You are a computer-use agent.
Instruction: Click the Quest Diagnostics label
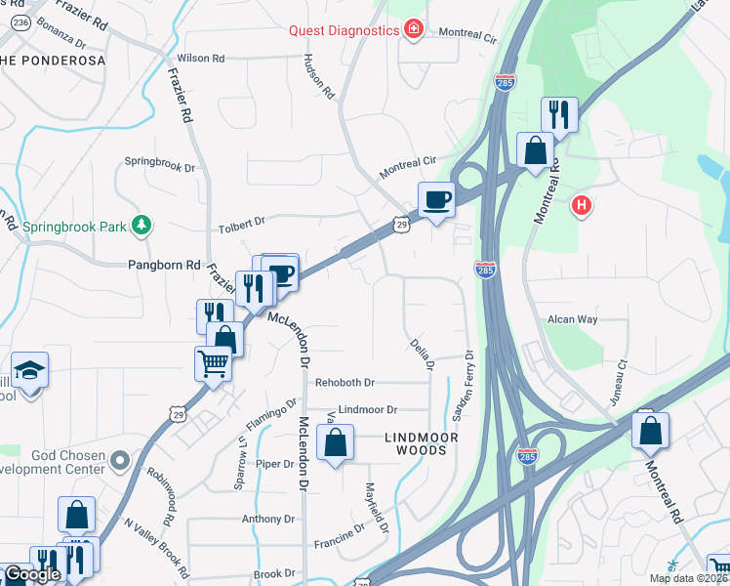pos(344,29)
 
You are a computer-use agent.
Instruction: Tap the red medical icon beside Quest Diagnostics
pos(413,29)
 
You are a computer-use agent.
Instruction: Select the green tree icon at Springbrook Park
pos(142,226)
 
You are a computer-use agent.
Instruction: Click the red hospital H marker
pos(582,205)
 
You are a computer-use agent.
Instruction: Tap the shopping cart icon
pos(214,363)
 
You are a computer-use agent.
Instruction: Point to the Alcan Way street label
pos(572,319)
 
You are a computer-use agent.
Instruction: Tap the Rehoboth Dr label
pos(345,382)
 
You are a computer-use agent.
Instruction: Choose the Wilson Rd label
pos(201,59)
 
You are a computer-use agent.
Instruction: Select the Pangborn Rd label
pos(164,265)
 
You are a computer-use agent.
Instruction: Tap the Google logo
pos(31,574)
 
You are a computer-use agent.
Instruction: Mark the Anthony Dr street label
pos(267,520)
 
